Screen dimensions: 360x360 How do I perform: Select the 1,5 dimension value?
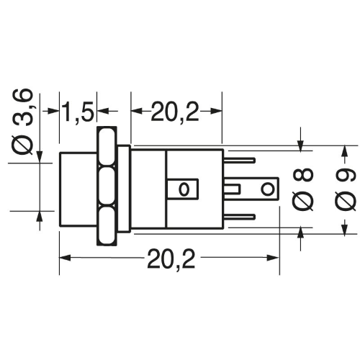click(x=78, y=112)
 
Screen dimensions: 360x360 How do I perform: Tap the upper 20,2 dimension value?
click(x=175, y=112)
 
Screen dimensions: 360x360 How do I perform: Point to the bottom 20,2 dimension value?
click(x=171, y=259)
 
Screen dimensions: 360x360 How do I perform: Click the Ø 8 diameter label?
click(x=303, y=189)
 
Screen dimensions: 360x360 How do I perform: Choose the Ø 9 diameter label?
click(x=346, y=189)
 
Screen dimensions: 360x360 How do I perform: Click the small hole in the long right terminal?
click(x=267, y=189)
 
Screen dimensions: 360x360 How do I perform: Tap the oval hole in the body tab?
click(x=184, y=189)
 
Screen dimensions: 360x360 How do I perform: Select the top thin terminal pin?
click(x=239, y=161)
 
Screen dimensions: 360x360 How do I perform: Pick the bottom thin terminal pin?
click(x=239, y=217)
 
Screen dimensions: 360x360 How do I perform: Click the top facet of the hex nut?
click(x=107, y=147)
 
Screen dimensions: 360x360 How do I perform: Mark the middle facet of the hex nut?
click(x=107, y=186)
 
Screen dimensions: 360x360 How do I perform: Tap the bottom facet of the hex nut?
click(x=107, y=225)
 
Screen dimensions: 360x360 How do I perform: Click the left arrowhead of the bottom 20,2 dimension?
click(x=65, y=258)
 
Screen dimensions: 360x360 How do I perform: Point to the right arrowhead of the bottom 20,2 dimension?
click(x=273, y=258)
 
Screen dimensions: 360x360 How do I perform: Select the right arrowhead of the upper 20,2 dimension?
click(x=216, y=111)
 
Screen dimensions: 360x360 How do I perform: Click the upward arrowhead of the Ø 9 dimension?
click(x=344, y=151)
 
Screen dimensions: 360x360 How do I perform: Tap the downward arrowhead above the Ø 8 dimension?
click(x=300, y=145)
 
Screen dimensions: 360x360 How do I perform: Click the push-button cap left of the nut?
click(x=78, y=189)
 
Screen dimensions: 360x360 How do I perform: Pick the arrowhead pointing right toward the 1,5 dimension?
click(x=53, y=111)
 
